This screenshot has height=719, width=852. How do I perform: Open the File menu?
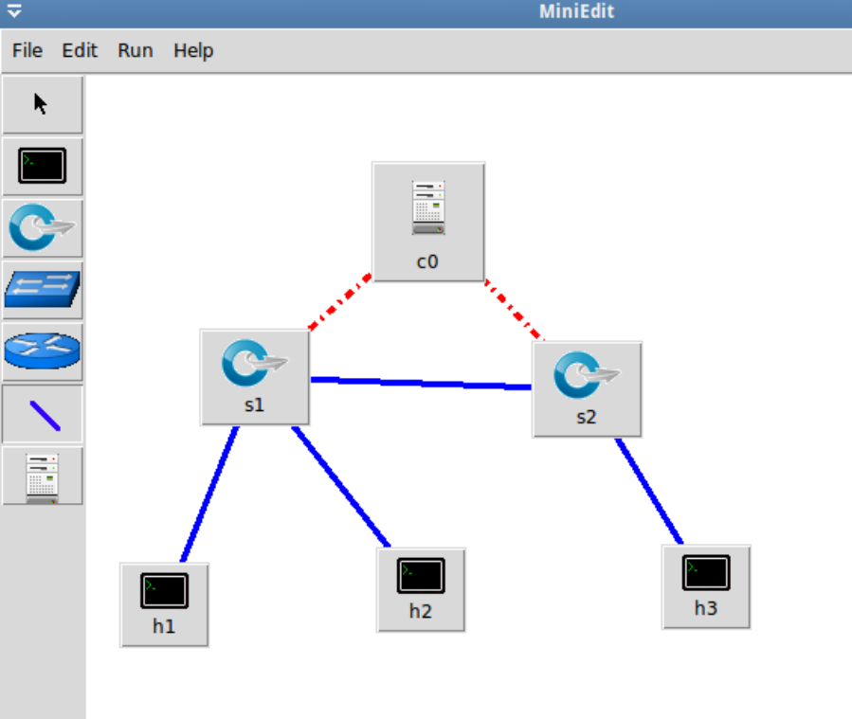coord(27,50)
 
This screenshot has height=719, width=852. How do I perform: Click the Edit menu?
coord(80,50)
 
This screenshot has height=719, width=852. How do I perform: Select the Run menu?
coord(135,50)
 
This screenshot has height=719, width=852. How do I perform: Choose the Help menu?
coord(193,50)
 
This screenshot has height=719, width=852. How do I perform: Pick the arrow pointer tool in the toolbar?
coord(42,104)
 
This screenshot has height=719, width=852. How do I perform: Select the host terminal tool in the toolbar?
coord(42,167)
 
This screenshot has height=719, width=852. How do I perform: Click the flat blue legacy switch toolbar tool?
coord(42,290)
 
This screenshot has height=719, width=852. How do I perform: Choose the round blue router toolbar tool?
coord(42,351)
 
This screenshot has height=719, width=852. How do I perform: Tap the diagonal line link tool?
coord(42,414)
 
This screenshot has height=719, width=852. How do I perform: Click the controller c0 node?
coord(428,222)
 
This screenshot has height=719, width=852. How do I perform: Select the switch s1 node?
coord(255,376)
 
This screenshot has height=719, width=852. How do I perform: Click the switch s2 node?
coord(587,388)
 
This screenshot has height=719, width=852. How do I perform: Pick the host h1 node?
coord(164,603)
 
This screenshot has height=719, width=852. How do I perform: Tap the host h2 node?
coord(421,588)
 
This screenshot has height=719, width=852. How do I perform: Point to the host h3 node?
coord(706,585)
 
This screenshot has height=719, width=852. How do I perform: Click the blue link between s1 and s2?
coord(421,383)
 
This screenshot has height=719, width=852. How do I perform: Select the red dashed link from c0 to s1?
coord(339,303)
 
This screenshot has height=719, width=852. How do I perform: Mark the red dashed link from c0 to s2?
coord(515,310)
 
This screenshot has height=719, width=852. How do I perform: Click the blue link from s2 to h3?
coord(649,491)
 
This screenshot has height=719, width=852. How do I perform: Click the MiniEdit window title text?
coord(576,11)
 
